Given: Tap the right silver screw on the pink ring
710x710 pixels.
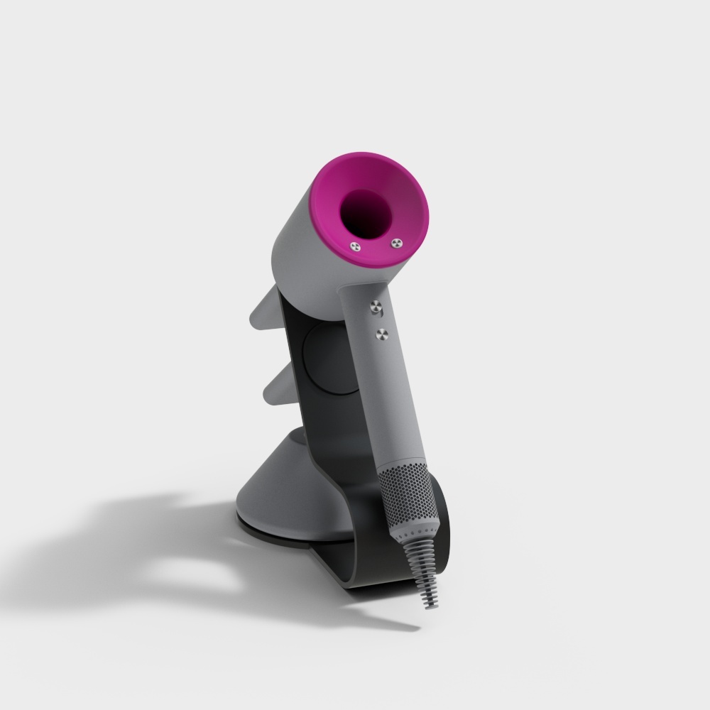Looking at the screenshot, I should pos(395,244).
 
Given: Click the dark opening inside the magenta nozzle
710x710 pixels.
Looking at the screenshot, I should pos(367,212).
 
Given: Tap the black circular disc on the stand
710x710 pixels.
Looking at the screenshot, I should pos(323,362).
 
